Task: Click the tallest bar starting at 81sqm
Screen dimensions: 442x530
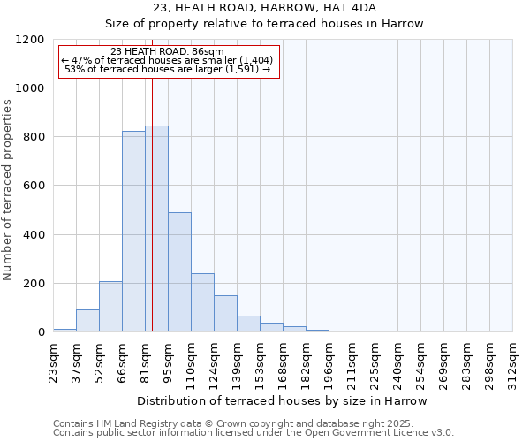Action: pyautogui.click(x=156, y=229)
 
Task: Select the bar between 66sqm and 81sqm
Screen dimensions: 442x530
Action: pyautogui.click(x=133, y=232)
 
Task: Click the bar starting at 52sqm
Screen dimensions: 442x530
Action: pyautogui.click(x=110, y=307)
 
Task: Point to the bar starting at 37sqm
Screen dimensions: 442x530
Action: pyautogui.click(x=87, y=321)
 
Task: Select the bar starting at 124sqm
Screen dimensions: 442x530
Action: pyautogui.click(x=225, y=314)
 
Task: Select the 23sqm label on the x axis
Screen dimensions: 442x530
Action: pyautogui.click(x=53, y=361)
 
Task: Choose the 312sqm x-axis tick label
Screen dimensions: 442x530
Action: pyautogui.click(x=512, y=361)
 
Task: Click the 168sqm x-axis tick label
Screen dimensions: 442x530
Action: pyautogui.click(x=283, y=361)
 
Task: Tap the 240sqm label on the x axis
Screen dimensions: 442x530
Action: pyautogui.click(x=397, y=361)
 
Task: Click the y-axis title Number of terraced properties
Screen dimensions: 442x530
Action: pyautogui.click(x=8, y=190)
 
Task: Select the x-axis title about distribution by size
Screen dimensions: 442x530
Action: pyautogui.click(x=282, y=400)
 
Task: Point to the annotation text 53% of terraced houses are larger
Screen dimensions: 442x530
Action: pyautogui.click(x=168, y=69)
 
